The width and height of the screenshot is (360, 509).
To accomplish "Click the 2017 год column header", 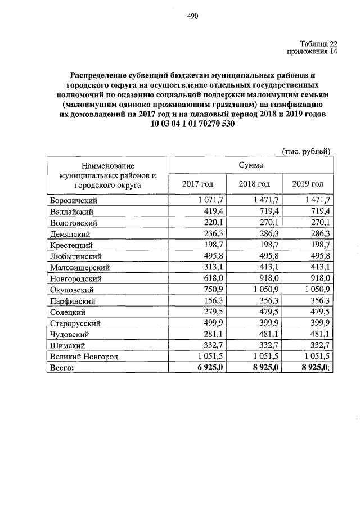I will (198, 184).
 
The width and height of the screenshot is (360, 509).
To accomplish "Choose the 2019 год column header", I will (308, 184).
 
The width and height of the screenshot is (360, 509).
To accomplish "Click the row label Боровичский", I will (72, 201).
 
